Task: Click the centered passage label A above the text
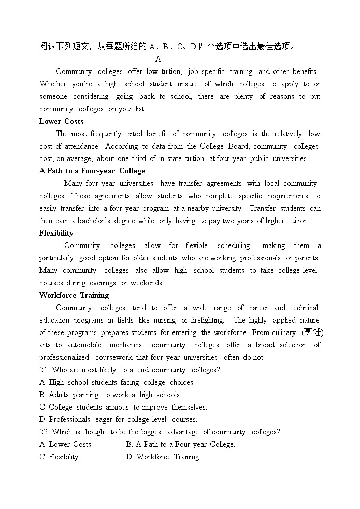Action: pos(158,59)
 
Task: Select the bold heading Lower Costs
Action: pos(61,121)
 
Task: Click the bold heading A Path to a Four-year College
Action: pos(92,171)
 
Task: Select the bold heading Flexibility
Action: pos(56,233)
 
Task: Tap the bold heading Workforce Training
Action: pos(74,295)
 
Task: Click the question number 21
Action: pos(44,370)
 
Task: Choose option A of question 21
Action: pos(117,382)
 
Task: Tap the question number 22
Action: pos(44,432)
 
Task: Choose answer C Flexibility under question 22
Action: pos(60,457)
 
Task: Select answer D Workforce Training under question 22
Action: pos(163,457)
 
